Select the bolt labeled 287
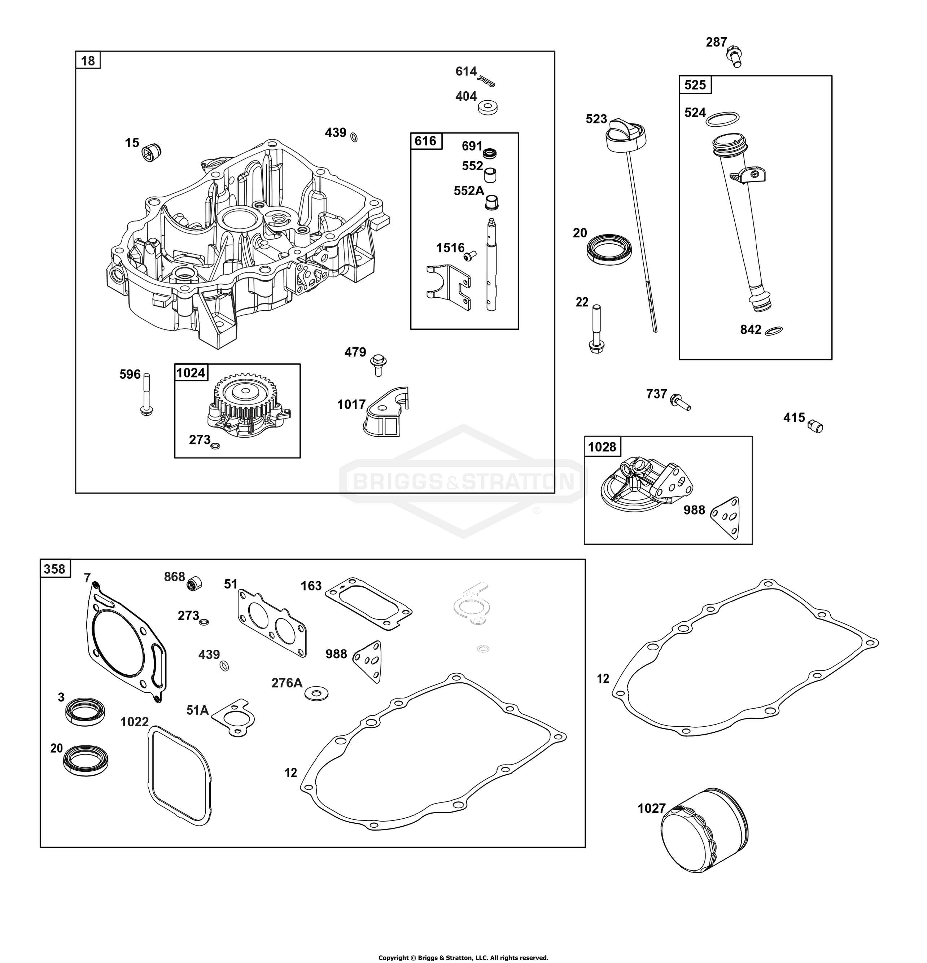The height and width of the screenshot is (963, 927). [734, 57]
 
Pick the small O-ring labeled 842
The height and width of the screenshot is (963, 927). [774, 331]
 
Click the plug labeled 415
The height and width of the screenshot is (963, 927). [816, 426]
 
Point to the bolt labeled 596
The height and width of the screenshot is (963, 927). [146, 394]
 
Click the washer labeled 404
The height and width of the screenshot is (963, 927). [488, 107]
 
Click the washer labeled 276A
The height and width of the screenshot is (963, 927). [316, 693]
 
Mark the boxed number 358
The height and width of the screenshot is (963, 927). [54, 569]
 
